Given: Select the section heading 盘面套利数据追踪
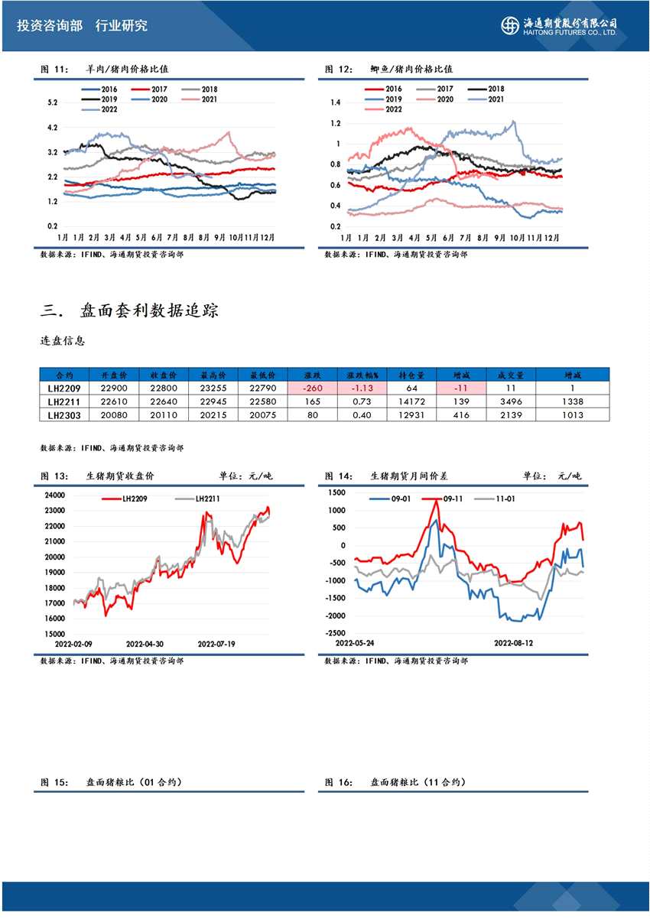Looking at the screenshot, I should [150, 311].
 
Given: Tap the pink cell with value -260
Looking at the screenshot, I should [311, 388].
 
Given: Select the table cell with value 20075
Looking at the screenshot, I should [262, 414].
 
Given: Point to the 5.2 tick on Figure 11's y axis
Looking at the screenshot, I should [53, 102].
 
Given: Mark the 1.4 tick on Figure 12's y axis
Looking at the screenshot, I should [335, 102].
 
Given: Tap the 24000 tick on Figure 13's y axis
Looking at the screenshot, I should [55, 495].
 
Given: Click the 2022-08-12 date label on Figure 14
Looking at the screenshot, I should [513, 644].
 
